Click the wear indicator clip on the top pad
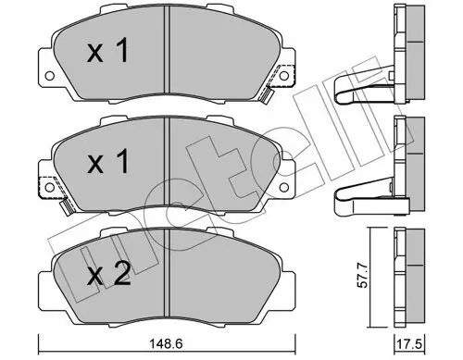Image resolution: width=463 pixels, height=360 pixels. click(267, 93)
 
